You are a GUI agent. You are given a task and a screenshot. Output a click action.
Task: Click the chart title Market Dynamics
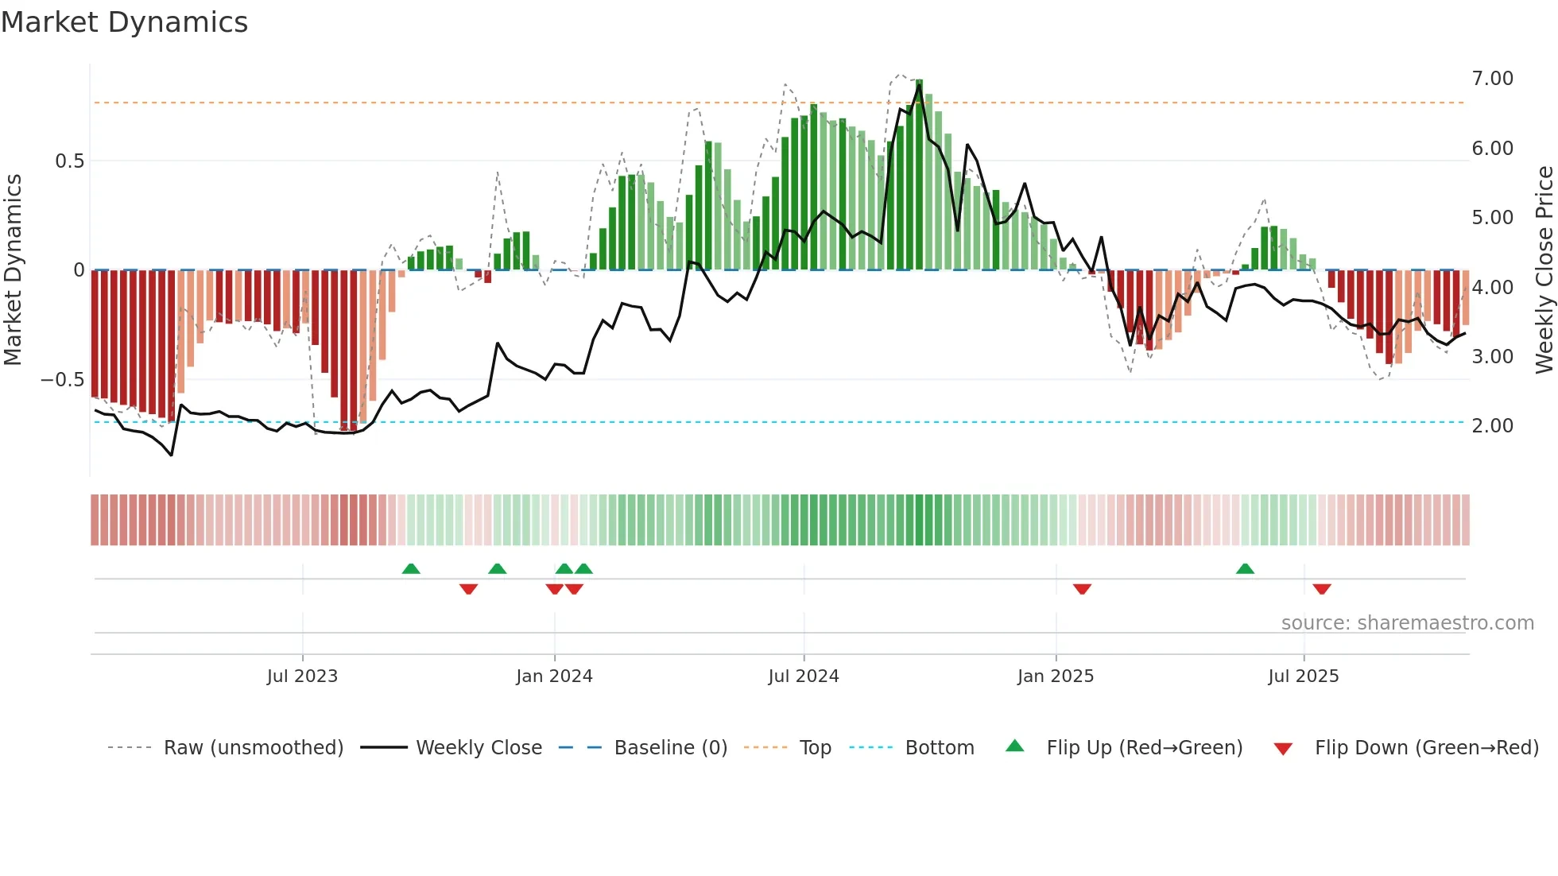pyautogui.click(x=125, y=22)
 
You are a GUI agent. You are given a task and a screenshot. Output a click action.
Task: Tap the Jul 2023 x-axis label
pyautogui.click(x=302, y=676)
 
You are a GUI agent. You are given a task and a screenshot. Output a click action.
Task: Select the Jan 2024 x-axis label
pyautogui.click(x=554, y=676)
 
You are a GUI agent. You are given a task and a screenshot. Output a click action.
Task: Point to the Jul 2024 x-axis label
pyautogui.click(x=804, y=676)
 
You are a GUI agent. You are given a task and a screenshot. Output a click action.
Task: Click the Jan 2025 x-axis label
pyautogui.click(x=1056, y=676)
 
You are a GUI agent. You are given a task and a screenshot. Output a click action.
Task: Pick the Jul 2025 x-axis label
pyautogui.click(x=1304, y=676)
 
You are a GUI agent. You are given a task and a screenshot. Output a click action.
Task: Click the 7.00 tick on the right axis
pyautogui.click(x=1492, y=79)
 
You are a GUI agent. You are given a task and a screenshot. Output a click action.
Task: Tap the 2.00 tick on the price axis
pyautogui.click(x=1492, y=426)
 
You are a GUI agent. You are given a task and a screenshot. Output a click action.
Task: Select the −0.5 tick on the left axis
pyautogui.click(x=62, y=380)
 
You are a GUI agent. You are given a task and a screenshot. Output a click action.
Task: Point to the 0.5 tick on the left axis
pyautogui.click(x=69, y=161)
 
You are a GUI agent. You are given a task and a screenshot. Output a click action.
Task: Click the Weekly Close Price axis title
pyautogui.click(x=1544, y=269)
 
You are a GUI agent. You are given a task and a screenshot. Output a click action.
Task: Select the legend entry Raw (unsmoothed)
pyautogui.click(x=254, y=748)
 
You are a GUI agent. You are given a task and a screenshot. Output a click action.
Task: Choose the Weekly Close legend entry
pyautogui.click(x=479, y=748)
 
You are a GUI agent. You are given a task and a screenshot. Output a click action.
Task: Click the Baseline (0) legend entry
pyautogui.click(x=671, y=748)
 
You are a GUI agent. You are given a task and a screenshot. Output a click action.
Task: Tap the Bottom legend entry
pyautogui.click(x=940, y=748)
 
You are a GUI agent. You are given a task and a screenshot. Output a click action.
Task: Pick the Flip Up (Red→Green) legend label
pyautogui.click(x=1145, y=748)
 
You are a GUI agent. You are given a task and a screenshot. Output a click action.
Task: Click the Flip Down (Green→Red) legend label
pyautogui.click(x=1427, y=748)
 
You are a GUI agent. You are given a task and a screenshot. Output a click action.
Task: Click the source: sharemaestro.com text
pyautogui.click(x=1408, y=623)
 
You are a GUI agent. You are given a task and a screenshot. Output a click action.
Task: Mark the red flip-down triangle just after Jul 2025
pyautogui.click(x=1322, y=589)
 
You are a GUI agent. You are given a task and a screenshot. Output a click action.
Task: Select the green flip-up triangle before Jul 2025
pyautogui.click(x=1245, y=568)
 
